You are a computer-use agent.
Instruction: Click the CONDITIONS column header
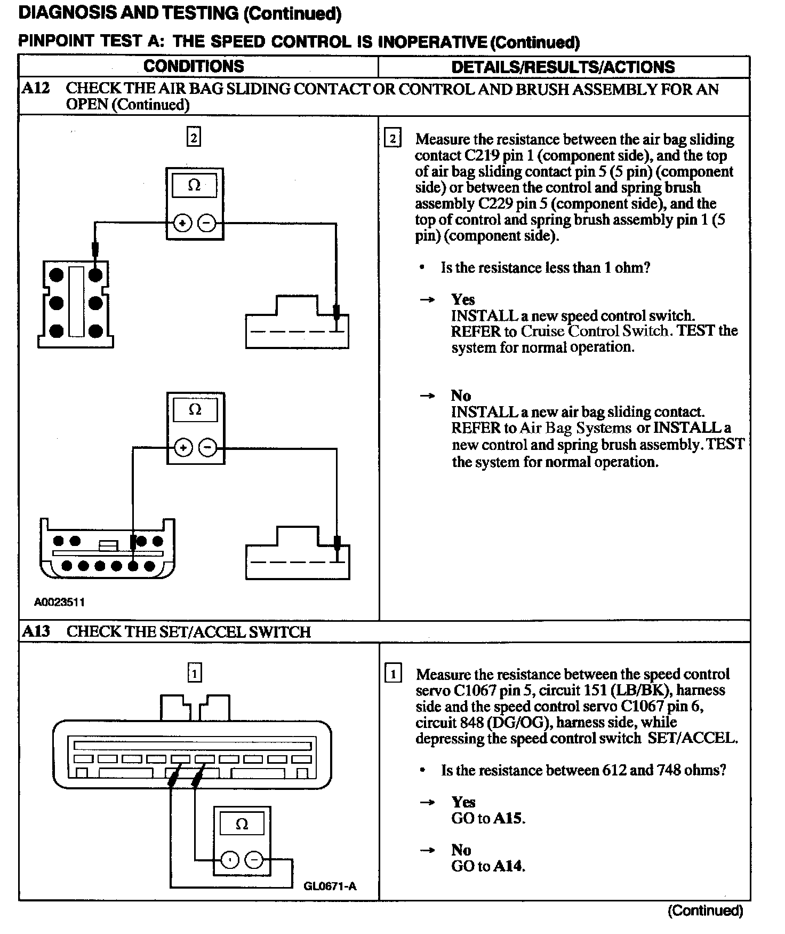194,66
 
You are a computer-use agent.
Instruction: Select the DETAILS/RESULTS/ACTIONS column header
563,67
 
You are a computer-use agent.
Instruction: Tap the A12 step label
36,88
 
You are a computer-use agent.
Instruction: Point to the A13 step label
36,631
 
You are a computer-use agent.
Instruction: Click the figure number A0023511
60,602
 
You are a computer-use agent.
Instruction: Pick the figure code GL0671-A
330,886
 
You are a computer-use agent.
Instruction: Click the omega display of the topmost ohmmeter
194,186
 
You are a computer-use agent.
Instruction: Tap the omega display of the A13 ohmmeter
242,825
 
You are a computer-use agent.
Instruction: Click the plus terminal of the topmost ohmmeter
182,223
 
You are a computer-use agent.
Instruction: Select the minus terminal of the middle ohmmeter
208,448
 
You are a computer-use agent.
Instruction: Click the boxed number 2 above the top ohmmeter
194,138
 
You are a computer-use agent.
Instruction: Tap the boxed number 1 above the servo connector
195,673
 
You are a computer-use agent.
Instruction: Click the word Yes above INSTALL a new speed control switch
462,299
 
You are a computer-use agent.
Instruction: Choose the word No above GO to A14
461,850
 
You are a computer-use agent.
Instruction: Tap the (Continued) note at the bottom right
705,910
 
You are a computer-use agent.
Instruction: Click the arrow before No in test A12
427,396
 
